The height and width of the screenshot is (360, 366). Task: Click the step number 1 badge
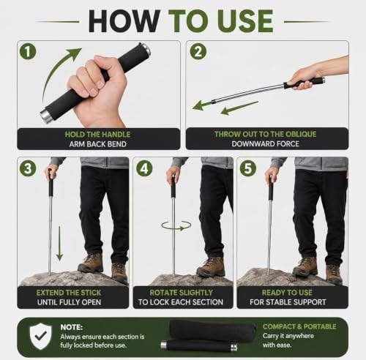coord(28,51)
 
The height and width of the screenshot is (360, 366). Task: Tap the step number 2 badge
coord(198,51)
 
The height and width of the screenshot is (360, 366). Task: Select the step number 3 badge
coord(28,168)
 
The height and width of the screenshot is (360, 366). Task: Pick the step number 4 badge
coord(144,168)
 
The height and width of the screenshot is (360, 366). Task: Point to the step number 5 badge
coord(247,168)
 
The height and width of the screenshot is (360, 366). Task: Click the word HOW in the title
coord(124,21)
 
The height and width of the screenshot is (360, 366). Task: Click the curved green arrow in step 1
coord(54,68)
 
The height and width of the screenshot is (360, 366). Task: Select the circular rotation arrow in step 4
coord(176,225)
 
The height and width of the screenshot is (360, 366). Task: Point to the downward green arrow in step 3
coord(59,244)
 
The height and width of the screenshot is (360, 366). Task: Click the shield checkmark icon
coord(40,337)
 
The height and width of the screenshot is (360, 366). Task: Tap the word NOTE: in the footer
coord(72,327)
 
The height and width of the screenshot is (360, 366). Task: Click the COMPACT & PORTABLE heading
coord(299,326)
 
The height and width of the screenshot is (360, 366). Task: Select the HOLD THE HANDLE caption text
coord(97,135)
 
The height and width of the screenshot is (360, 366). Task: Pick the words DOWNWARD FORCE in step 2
coord(265,143)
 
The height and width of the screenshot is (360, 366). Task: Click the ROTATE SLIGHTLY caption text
coord(181,293)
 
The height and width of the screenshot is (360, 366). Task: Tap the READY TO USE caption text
coord(287,293)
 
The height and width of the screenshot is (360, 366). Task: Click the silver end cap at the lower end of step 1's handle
coord(45,116)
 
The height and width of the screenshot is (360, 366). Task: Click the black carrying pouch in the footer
coord(213,329)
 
